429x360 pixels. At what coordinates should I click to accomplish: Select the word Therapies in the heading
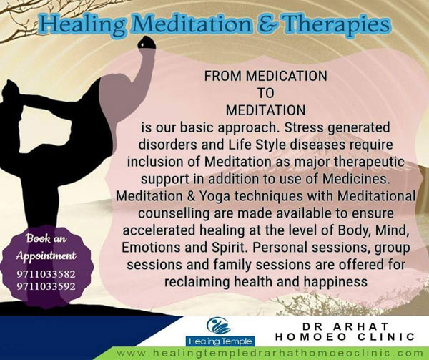point(336,24)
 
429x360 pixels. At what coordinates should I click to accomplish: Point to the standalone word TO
point(266,93)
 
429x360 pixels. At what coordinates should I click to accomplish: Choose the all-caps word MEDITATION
point(265,110)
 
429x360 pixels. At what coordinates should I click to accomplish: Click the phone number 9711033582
point(46,274)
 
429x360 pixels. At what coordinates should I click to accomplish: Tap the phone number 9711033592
point(46,286)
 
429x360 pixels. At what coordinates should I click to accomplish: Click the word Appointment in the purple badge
point(46,256)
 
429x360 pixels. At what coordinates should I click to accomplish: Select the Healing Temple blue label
point(220,341)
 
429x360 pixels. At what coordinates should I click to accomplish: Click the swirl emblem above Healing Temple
point(219,326)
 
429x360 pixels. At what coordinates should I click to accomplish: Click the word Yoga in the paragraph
point(215,196)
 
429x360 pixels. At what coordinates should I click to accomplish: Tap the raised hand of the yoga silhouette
point(147,43)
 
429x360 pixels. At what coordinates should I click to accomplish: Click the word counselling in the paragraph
point(174,213)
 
